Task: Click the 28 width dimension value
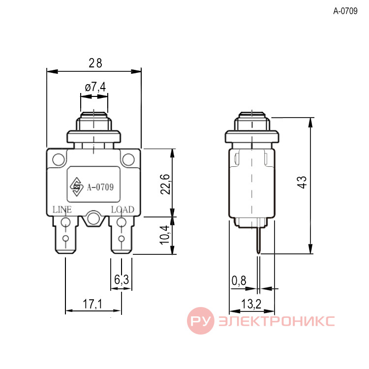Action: [x=95, y=63]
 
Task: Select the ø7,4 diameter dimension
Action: [x=95, y=87]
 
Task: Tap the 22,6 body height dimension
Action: [x=165, y=184]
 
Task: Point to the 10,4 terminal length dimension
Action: [x=164, y=235]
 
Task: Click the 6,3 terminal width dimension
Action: [x=122, y=279]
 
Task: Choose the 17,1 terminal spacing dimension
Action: [x=92, y=304]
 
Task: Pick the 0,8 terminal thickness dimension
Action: [x=239, y=280]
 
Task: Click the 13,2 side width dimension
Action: [x=251, y=304]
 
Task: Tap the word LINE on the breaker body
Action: [x=62, y=210]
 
